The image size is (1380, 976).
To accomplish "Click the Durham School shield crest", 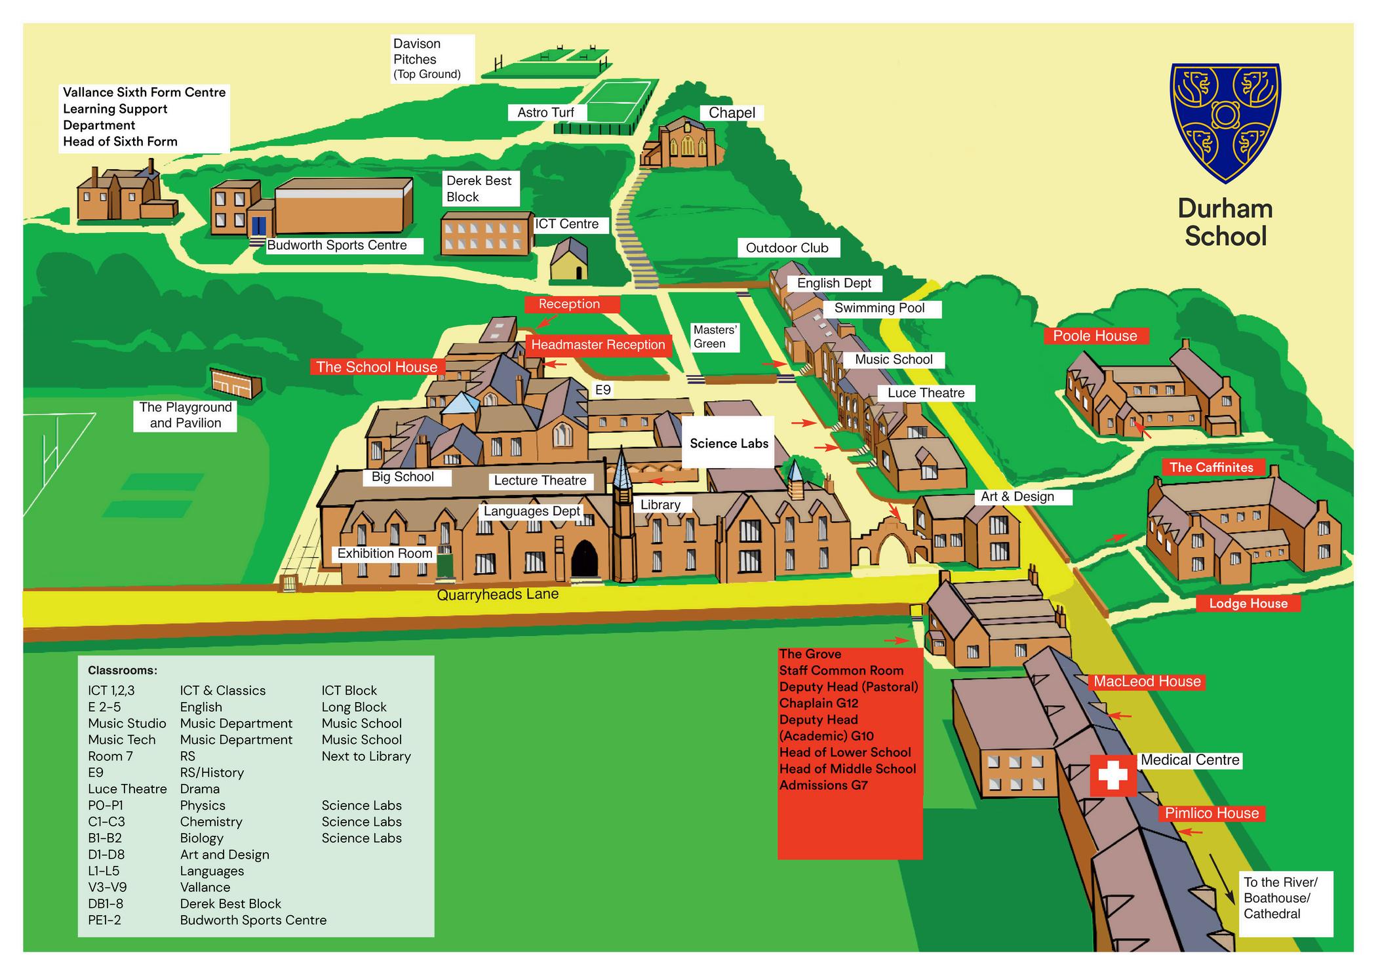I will click(1225, 121).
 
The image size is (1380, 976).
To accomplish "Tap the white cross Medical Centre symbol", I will click(1113, 775).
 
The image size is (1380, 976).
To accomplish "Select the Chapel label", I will click(732, 113).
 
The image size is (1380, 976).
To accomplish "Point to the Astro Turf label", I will click(545, 113).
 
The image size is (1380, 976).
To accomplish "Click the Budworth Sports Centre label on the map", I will click(337, 245).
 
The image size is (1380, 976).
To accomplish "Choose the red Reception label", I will click(569, 304).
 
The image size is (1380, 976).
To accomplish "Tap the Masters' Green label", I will click(715, 337).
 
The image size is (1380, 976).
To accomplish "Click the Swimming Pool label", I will click(879, 308).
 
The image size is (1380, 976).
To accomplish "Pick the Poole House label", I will click(1095, 336).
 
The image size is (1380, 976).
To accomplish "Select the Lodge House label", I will click(1248, 604).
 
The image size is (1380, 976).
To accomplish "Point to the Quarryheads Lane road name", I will click(498, 595).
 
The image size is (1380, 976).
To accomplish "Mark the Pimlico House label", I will click(1212, 813).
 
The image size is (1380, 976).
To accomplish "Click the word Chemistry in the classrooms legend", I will click(211, 822).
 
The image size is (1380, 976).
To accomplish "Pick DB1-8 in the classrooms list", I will click(106, 904).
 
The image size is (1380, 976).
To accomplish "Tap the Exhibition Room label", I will click(385, 554).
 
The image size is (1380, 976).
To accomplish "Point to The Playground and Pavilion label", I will click(186, 415).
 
